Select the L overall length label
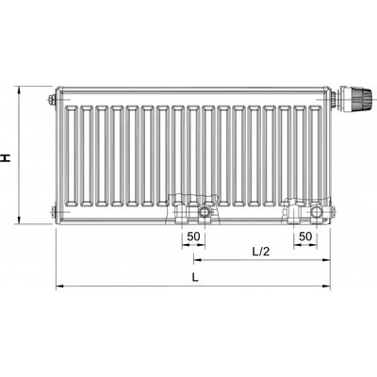(x=194, y=276)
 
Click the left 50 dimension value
(x=193, y=236)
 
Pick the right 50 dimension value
(x=305, y=236)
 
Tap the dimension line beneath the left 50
(x=193, y=244)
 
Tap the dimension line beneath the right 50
(x=305, y=244)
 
